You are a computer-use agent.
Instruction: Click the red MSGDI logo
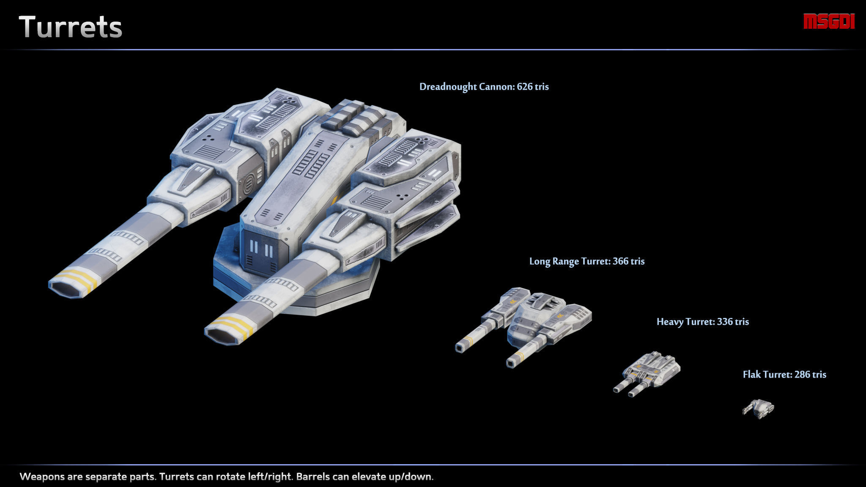click(x=829, y=22)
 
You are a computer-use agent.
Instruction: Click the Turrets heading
click(x=71, y=27)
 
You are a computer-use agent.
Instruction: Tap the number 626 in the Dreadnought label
click(x=524, y=87)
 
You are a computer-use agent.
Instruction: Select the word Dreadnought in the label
click(x=448, y=87)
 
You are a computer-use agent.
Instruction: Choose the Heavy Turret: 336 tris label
click(x=702, y=322)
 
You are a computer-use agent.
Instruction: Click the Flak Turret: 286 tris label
click(x=784, y=375)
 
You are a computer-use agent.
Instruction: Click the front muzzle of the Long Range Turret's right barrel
click(x=511, y=362)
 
